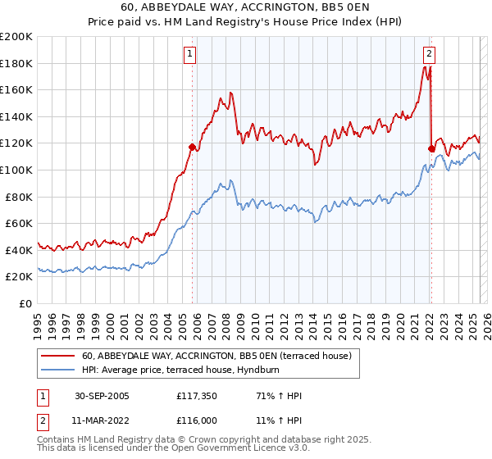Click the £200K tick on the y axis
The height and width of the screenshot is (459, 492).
(x=16, y=37)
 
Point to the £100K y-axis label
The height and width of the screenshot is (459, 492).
(x=16, y=170)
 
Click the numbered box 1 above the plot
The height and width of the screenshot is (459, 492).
(x=189, y=55)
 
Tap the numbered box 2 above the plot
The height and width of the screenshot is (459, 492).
(x=429, y=55)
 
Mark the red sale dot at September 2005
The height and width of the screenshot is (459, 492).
(x=193, y=148)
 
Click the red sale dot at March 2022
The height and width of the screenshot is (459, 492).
(x=431, y=148)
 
